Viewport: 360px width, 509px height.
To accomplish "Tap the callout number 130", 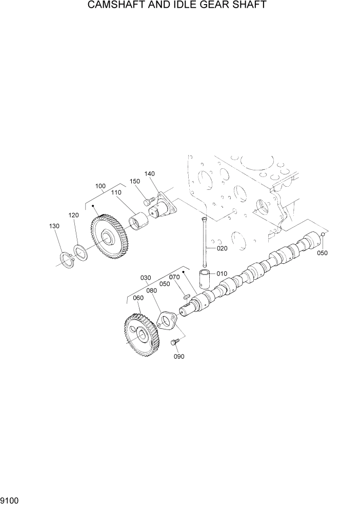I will [54, 226].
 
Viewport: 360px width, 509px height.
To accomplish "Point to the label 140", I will [149, 174].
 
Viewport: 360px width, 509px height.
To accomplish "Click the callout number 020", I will [222, 248].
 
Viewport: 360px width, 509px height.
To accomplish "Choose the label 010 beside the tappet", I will [222, 273].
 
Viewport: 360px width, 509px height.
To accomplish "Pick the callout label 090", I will [178, 357].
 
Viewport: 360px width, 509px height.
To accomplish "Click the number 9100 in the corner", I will [10, 499].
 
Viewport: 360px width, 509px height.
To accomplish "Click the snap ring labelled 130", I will [67, 260].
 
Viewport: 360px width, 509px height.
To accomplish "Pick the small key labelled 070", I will [187, 296].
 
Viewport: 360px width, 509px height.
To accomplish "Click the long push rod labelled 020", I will [205, 241].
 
